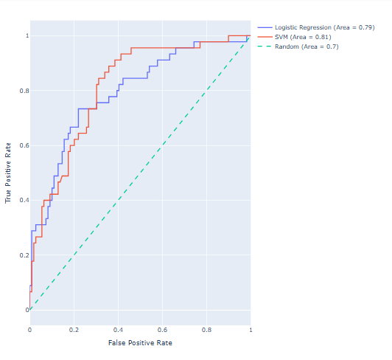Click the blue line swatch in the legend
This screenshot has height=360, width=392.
coord(263,27)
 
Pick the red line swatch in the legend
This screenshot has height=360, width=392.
coord(263,36)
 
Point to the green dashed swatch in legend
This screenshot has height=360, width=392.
coord(263,46)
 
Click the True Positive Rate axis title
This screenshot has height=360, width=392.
coord(9,174)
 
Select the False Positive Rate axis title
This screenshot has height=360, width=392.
coord(140,343)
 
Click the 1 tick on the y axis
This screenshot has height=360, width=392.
coord(23,35)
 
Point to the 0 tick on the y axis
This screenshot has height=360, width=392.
coord(23,310)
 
